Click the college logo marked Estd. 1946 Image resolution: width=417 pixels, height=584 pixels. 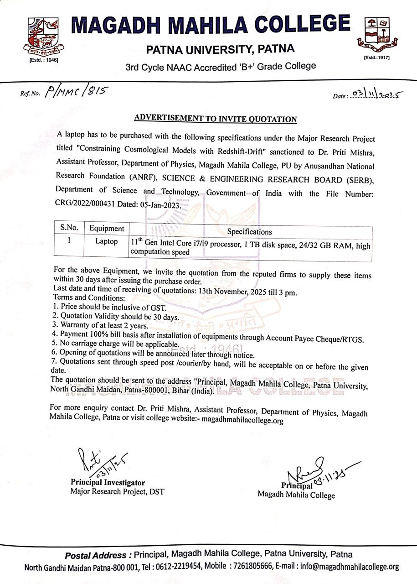pos(43,36)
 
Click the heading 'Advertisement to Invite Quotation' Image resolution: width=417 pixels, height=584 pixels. pos(216,119)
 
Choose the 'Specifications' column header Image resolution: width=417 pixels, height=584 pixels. pos(249,232)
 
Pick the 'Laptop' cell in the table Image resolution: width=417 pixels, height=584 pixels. pos(106,241)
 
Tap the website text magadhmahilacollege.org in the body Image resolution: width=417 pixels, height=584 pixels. pos(242,420)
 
